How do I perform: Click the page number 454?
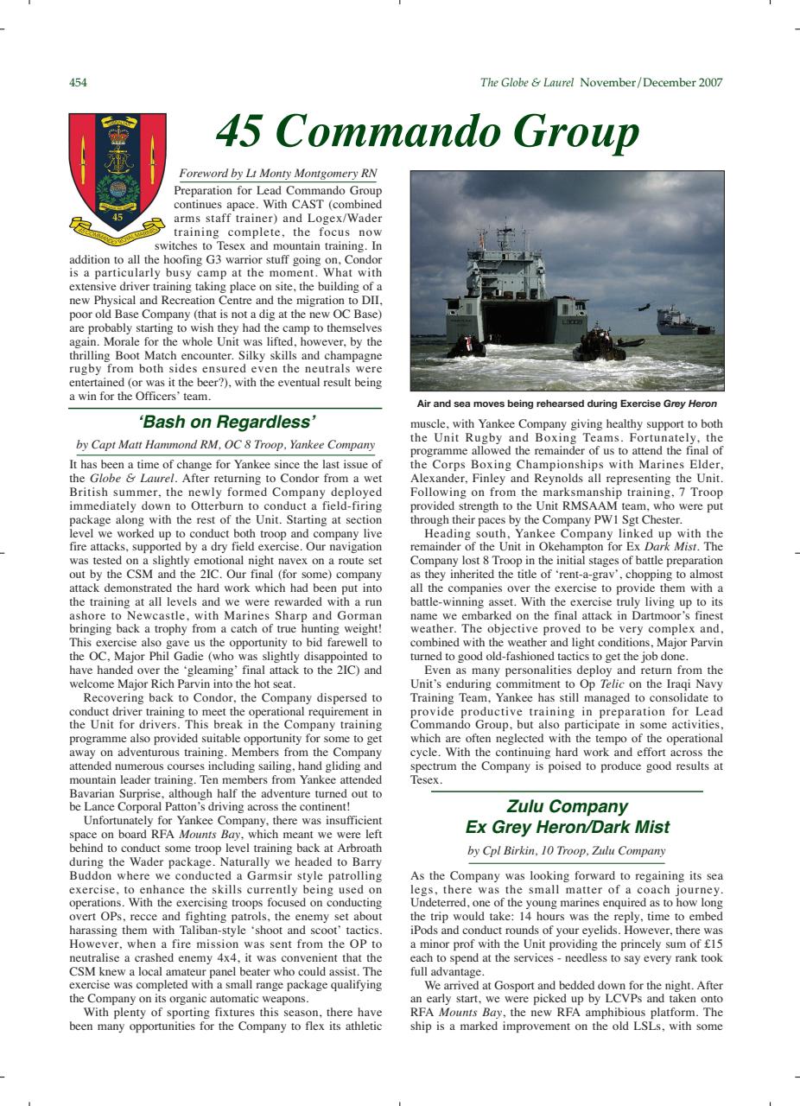pos(78,83)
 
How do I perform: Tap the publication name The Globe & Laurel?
pos(527,83)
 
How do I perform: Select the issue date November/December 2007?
pos(652,83)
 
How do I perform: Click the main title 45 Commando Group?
pos(427,132)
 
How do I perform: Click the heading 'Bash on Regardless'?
pos(225,423)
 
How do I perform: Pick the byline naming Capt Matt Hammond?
pos(225,446)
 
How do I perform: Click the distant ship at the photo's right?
pos(684,321)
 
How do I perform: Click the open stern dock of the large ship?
pos(518,320)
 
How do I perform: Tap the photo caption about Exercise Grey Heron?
pos(567,404)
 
